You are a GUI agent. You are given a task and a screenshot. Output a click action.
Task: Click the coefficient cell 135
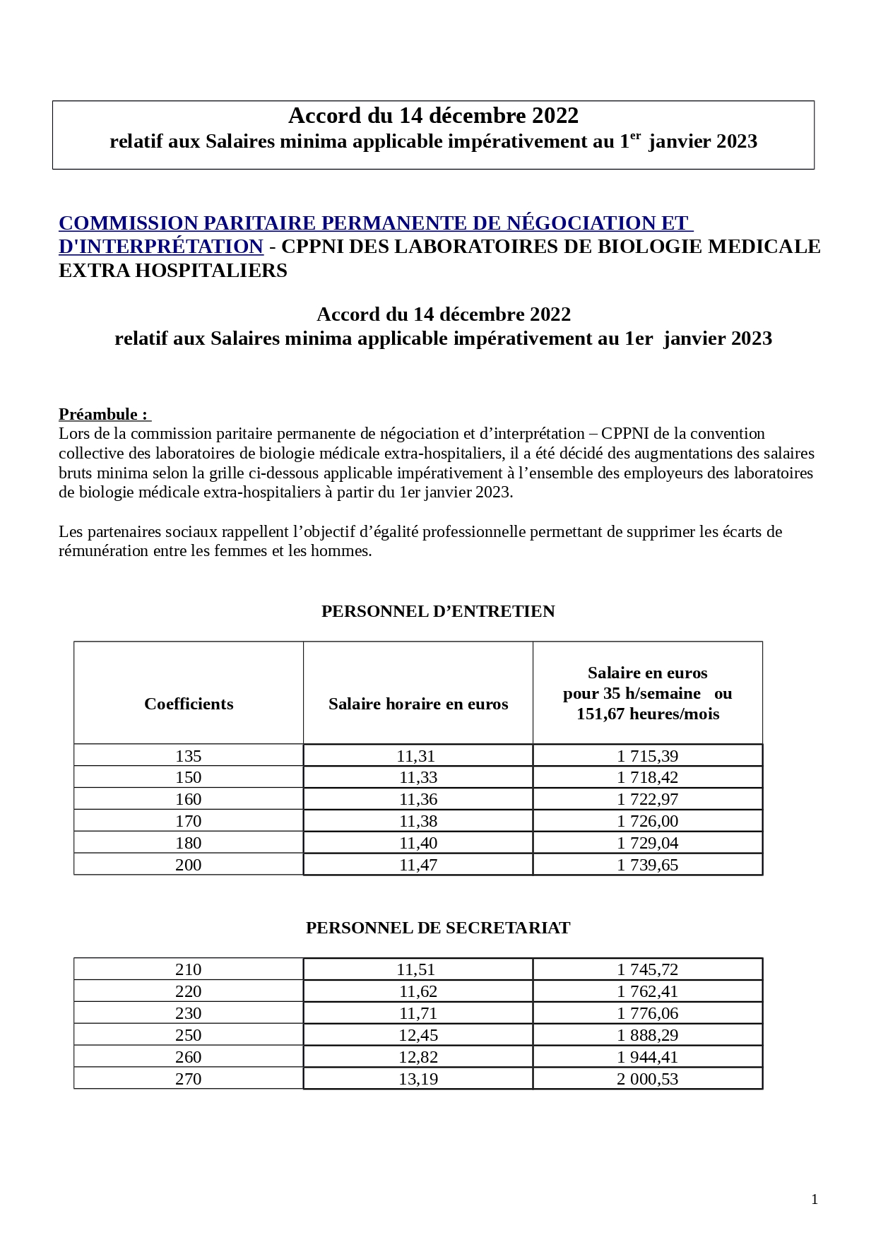pos(188,756)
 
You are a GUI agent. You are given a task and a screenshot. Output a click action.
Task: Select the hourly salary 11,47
pos(418,865)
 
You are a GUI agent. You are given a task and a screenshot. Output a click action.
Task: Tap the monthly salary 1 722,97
pos(647,799)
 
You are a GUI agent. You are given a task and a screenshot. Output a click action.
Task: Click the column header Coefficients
pos(189,704)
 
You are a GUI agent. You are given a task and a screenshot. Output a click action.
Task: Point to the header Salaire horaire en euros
pos(418,704)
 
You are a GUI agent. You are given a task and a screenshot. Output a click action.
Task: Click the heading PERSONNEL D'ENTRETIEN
pos(438,611)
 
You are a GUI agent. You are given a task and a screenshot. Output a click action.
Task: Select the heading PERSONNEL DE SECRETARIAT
pos(438,928)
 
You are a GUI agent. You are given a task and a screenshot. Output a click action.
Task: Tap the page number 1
pos(815,1199)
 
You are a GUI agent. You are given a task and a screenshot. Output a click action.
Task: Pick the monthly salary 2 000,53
pos(647,1079)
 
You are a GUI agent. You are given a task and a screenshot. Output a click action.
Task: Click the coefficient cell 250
pos(188,1035)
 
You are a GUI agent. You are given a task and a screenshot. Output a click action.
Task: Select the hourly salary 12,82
pos(418,1057)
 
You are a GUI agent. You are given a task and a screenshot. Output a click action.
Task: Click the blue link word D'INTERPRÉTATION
pos(161,247)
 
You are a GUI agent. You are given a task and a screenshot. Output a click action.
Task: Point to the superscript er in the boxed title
pos(635,136)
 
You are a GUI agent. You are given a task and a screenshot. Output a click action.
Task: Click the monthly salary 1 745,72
pos(647,969)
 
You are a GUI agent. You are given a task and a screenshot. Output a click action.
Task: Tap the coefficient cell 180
pos(188,843)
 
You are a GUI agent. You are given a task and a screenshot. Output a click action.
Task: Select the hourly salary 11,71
pos(418,1013)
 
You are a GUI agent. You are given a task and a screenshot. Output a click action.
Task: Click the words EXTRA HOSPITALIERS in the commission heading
pos(172,271)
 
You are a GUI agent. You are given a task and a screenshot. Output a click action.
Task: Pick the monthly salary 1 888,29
pos(647,1035)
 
